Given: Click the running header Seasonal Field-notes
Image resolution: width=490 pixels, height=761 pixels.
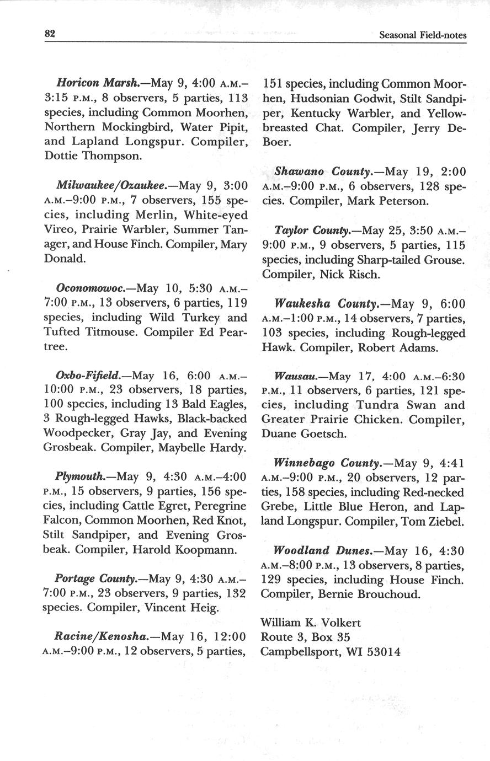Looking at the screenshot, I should pos(423,35).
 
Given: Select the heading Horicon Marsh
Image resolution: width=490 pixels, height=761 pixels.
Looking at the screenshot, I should pos(97,84).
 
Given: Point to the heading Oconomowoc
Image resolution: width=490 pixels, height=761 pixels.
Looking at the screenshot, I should pos(90,288).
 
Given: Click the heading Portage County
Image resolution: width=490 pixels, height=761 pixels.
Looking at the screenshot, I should pos(96,579).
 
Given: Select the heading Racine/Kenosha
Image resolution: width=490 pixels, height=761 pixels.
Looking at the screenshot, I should pos(101,636).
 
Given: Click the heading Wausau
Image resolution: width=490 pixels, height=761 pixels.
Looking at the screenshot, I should pos(295,376).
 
